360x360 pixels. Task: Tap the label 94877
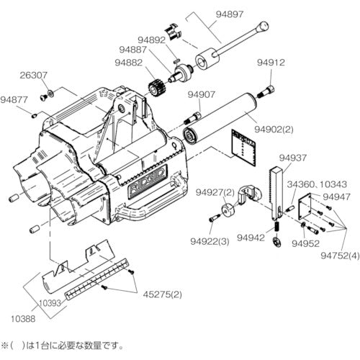coord(14,100)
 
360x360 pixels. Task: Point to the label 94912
coord(270,63)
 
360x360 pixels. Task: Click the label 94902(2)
coord(274,130)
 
